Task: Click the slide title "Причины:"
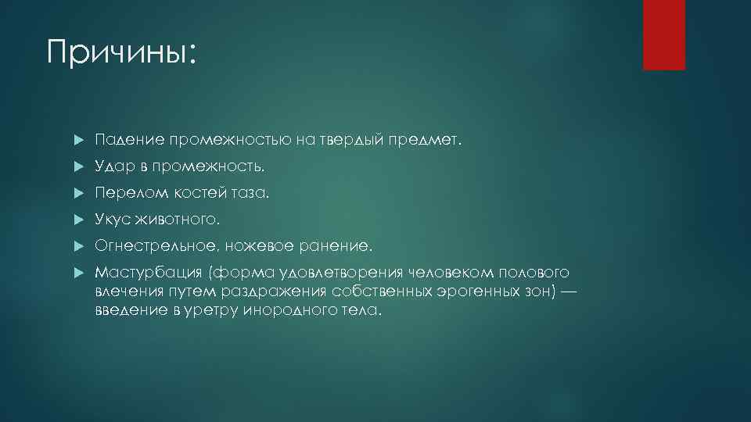tap(121, 53)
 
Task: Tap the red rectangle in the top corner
tap(663, 34)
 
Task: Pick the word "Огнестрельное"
tap(156, 246)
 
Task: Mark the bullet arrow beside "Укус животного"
tap(77, 220)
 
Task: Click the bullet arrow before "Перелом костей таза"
tap(77, 193)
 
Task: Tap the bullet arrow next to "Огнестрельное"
tap(77, 246)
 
